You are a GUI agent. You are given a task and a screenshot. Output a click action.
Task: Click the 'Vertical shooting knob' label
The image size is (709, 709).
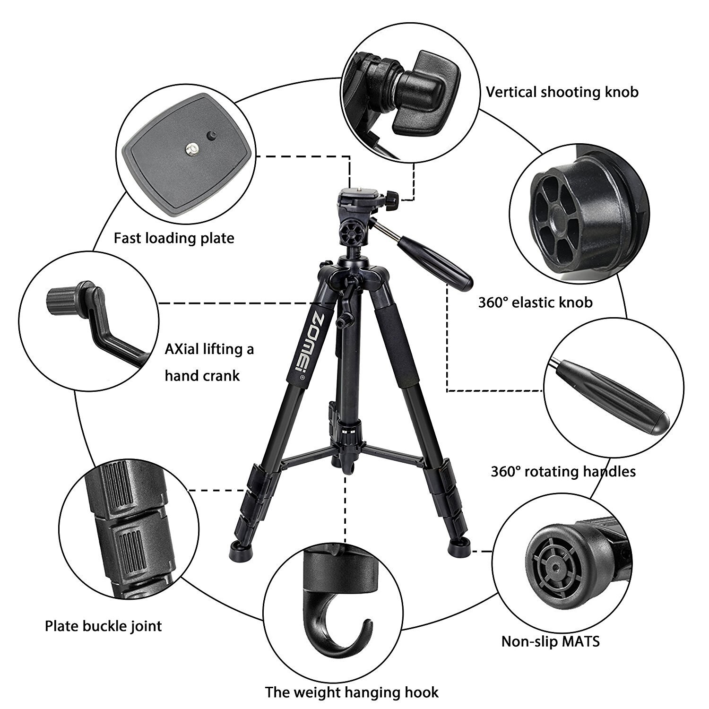[562, 92]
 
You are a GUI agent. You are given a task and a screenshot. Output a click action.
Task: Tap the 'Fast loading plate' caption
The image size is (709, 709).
[174, 238]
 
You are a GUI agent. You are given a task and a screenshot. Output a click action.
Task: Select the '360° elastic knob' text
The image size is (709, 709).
[535, 302]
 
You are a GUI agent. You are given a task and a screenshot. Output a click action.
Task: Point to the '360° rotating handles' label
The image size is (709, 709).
[563, 471]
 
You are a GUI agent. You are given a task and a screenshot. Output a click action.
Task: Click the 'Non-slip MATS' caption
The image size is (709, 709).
[550, 641]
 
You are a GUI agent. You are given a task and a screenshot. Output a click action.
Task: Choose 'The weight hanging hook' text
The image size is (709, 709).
[352, 692]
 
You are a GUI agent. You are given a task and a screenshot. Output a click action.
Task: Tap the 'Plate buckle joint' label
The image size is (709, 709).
[103, 626]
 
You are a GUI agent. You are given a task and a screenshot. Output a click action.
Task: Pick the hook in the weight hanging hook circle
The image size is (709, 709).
[333, 624]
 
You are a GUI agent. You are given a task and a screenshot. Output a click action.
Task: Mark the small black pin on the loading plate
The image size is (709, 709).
[211, 136]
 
